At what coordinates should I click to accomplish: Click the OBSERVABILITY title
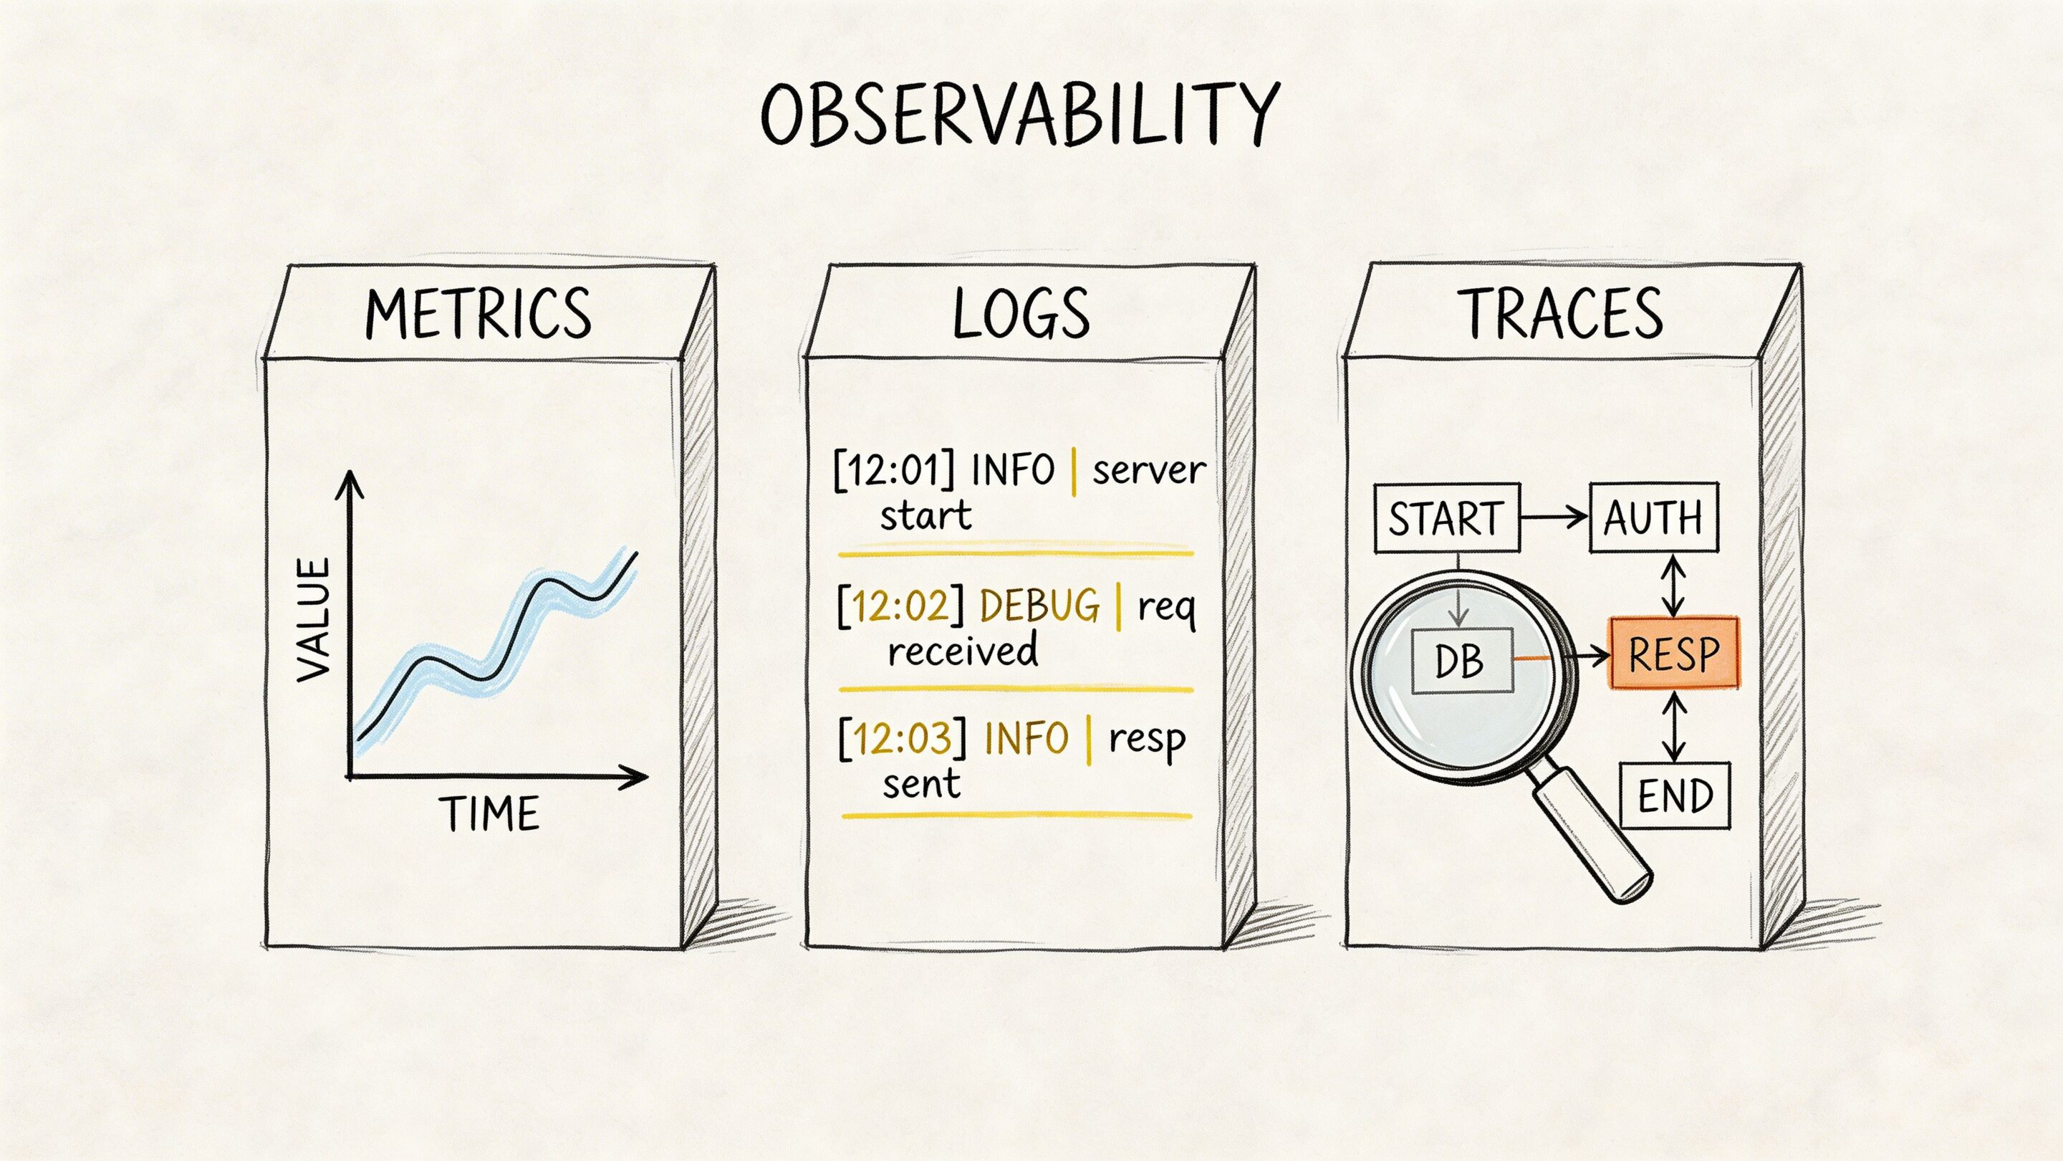pos(1019,115)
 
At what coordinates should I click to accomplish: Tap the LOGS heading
pos(1021,312)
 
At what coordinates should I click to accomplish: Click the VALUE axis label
pos(313,619)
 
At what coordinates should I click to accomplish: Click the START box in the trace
pos(1446,518)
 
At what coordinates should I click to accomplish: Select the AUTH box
pos(1653,517)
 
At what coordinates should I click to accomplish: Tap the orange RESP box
pos(1674,653)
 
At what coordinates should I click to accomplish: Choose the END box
pos(1675,795)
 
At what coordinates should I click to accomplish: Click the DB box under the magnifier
pos(1461,661)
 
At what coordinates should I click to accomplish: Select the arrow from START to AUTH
pos(1554,517)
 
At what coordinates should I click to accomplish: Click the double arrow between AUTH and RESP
pos(1674,586)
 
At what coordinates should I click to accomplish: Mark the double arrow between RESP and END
pos(1674,726)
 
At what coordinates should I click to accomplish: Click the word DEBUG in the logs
pos(1039,605)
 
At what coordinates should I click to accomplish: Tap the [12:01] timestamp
pos(894,469)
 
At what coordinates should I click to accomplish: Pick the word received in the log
pos(963,651)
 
